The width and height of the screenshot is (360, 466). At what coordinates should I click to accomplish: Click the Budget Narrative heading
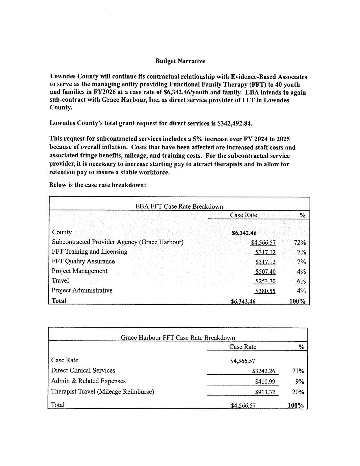[180, 61]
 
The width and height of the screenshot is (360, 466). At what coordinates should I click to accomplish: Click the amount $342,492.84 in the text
[234, 123]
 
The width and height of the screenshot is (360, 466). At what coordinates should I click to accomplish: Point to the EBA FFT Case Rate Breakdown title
[179, 206]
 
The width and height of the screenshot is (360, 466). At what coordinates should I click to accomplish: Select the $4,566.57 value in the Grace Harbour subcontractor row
[263, 243]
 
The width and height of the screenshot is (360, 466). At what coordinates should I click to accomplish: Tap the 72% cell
[300, 243]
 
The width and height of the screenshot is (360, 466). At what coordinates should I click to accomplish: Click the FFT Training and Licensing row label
[90, 252]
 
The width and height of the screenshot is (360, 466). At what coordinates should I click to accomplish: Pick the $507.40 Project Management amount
[265, 272]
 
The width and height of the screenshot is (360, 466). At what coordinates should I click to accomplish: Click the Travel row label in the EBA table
[60, 281]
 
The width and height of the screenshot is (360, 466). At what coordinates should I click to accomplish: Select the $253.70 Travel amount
[265, 281]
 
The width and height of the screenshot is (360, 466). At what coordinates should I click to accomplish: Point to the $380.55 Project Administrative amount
[265, 291]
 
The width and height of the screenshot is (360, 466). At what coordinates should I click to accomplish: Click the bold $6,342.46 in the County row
[244, 233]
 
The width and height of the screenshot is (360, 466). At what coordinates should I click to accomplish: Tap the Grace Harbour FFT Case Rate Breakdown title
[178, 337]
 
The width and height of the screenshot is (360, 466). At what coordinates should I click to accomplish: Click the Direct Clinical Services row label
[83, 371]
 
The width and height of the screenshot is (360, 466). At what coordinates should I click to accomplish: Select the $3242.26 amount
[263, 371]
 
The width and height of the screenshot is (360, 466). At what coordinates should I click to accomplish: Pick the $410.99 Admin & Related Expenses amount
[265, 382]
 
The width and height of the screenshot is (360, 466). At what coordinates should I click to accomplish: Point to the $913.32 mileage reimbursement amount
[265, 392]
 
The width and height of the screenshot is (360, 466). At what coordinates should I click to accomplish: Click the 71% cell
[298, 371]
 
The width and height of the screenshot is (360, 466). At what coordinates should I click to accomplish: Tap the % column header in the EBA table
[302, 215]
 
